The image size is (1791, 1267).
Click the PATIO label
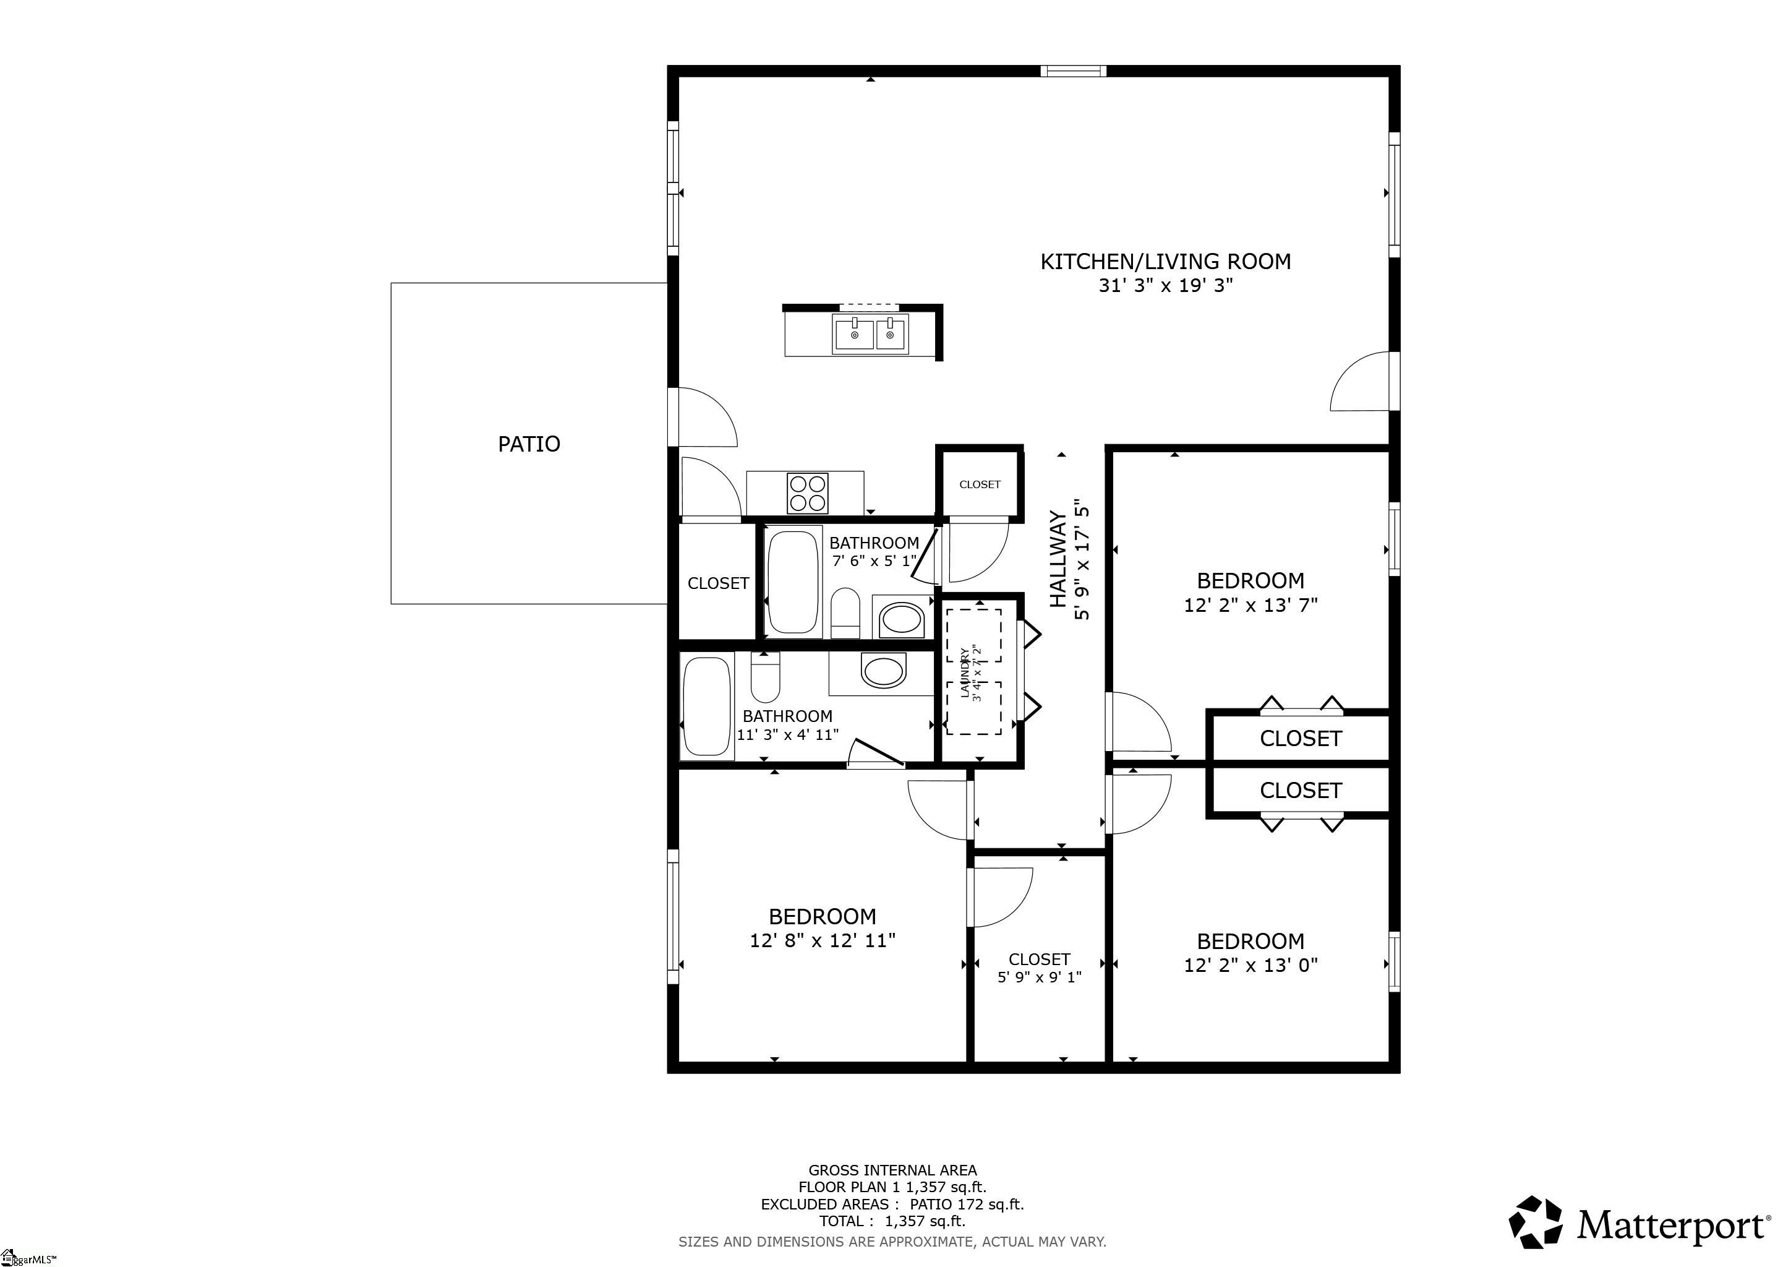point(529,444)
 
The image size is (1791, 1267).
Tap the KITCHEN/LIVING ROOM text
point(1165,261)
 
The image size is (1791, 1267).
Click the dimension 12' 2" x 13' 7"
point(1250,604)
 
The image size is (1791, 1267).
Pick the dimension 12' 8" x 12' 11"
point(822,940)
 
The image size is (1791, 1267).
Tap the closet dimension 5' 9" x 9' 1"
point(1039,977)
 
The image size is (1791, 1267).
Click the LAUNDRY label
point(965,672)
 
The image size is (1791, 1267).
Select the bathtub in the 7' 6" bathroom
point(793,582)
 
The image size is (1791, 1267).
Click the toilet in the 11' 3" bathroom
point(765,677)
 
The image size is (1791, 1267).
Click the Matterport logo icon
point(1534,1222)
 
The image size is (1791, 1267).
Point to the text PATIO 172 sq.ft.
point(967,1204)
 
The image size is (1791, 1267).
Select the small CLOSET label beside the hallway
point(980,484)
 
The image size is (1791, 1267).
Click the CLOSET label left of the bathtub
point(717,583)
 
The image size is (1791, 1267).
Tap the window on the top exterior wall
point(1074,71)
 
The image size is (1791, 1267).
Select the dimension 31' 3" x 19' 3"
point(1165,286)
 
